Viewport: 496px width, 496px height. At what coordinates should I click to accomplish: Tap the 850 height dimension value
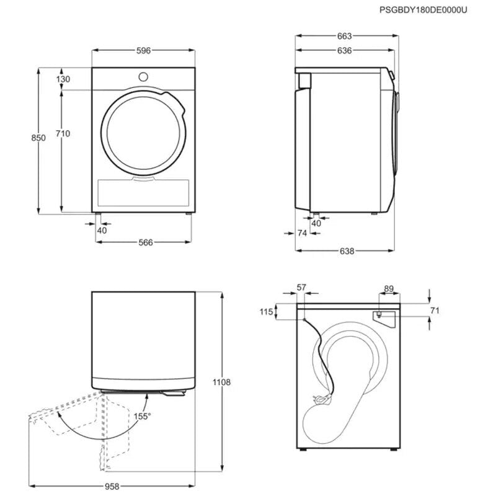pos(39,138)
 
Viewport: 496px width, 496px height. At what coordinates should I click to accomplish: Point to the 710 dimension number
pos(63,133)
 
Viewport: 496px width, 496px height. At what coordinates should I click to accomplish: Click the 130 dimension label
pos(63,79)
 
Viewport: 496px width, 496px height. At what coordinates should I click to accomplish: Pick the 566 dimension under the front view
pos(144,242)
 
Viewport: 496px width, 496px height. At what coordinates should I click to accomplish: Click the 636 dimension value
pos(345,50)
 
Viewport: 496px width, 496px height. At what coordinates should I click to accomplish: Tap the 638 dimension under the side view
pos(347,251)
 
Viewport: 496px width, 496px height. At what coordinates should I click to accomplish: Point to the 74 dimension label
pos(303,233)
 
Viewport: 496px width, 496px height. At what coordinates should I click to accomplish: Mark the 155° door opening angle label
pos(143,417)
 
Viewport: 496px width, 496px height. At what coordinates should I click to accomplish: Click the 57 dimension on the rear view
pos(301,287)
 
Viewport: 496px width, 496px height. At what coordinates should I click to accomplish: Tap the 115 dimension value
pos(267,312)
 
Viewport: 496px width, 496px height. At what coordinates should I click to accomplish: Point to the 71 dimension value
pos(434,310)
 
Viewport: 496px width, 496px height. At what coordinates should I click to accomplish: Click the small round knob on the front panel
pos(143,77)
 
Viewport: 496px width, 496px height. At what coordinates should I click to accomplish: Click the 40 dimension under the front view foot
pos(102,230)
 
